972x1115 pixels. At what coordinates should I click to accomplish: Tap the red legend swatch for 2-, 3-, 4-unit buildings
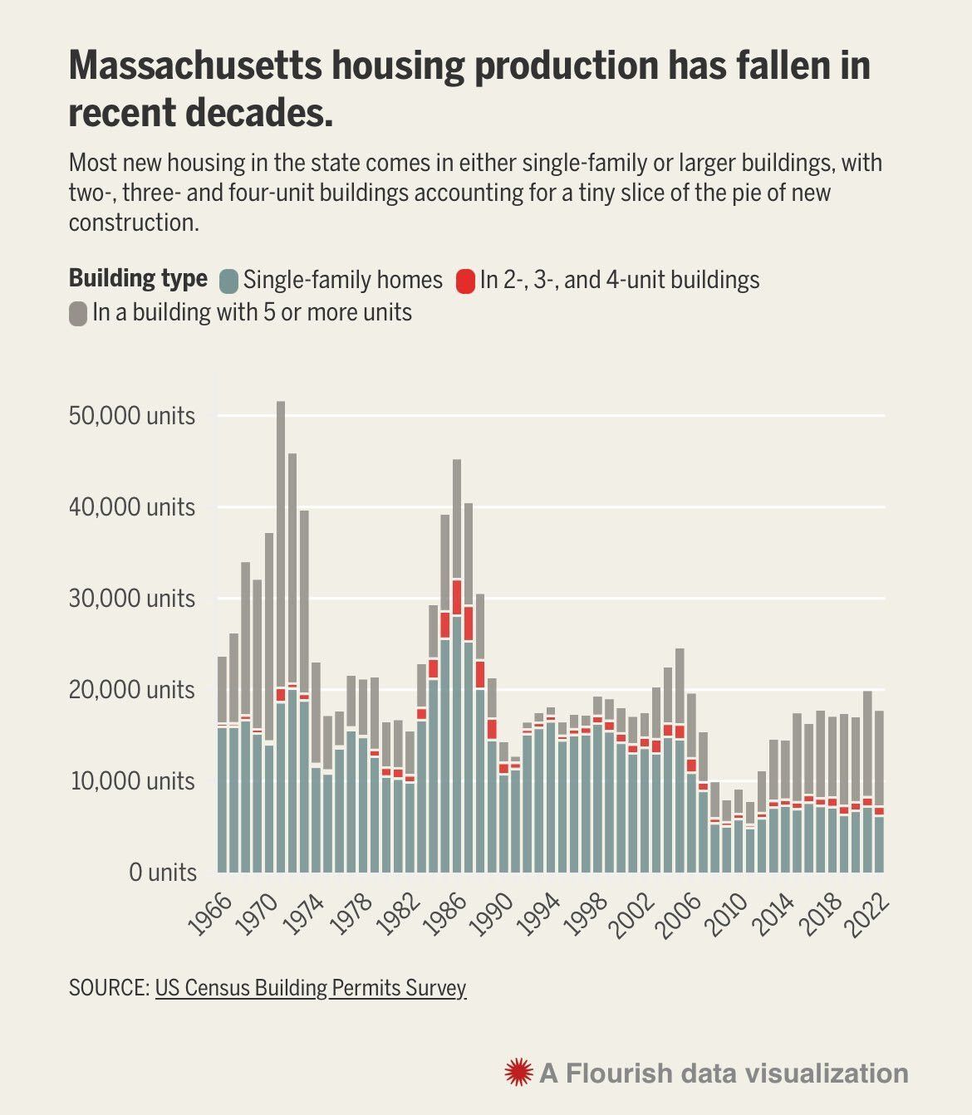click(x=465, y=281)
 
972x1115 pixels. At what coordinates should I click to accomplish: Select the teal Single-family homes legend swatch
click(x=228, y=281)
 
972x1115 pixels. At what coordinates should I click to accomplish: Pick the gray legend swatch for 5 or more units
click(x=78, y=314)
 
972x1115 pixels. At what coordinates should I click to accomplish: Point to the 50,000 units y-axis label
click(x=133, y=415)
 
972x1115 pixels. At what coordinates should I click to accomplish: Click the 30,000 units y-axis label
click(x=133, y=598)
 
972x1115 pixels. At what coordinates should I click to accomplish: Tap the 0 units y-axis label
click(x=163, y=873)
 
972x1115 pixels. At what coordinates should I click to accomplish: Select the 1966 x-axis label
click(x=209, y=915)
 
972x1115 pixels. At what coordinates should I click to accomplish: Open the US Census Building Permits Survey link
click(x=311, y=988)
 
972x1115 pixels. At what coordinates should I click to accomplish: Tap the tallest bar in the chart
click(x=281, y=648)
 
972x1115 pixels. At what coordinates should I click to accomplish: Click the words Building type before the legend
click(x=138, y=278)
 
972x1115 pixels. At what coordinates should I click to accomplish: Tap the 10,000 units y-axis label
click(x=133, y=781)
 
